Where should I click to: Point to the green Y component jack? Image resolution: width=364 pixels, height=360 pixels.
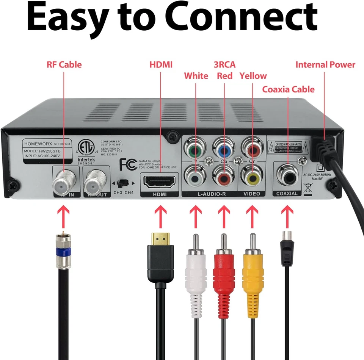pyautogui.click(x=194, y=149)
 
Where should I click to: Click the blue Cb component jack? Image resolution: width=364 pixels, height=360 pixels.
pyautogui.click(x=224, y=149)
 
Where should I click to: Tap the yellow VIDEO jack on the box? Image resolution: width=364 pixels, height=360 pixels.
pyautogui.click(x=251, y=176)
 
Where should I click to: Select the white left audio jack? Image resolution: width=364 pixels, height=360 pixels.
pyautogui.click(x=195, y=176)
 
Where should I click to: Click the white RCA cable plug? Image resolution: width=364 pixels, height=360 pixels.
pyautogui.click(x=195, y=269)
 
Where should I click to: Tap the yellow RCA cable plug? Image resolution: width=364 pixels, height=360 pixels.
pyautogui.click(x=253, y=269)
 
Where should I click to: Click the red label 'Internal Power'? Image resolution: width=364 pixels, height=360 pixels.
pyautogui.click(x=325, y=64)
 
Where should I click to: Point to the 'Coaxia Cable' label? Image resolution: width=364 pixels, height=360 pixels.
pyautogui.click(x=288, y=89)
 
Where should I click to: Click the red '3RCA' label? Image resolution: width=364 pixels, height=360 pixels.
pyautogui.click(x=224, y=64)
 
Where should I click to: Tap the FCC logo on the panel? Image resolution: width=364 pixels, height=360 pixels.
pyautogui.click(x=128, y=164)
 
